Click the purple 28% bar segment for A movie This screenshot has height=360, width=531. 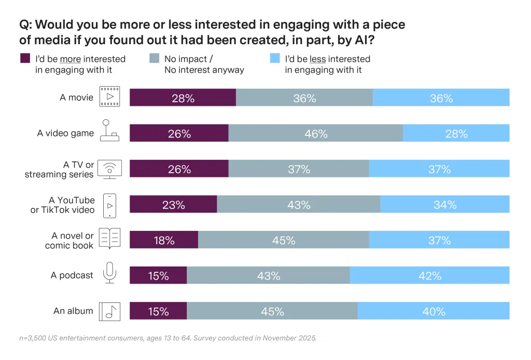183,98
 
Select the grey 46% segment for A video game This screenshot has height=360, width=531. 315,133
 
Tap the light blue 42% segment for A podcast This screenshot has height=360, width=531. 429,275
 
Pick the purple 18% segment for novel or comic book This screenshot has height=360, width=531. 163,240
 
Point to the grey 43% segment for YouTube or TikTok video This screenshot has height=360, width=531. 298,204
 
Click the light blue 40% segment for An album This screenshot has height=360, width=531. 434,311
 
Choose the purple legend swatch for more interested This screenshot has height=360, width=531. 25,59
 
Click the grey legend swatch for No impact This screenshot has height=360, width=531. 154,59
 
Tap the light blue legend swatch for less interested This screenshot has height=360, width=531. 275,59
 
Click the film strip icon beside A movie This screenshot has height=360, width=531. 109,97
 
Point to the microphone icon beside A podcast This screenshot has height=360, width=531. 109,272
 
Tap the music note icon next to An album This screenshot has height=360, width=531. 109,311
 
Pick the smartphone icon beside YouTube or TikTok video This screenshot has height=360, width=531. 109,205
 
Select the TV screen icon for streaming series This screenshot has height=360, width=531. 109,169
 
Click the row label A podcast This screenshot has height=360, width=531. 72,275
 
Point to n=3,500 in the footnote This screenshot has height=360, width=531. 35,338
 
